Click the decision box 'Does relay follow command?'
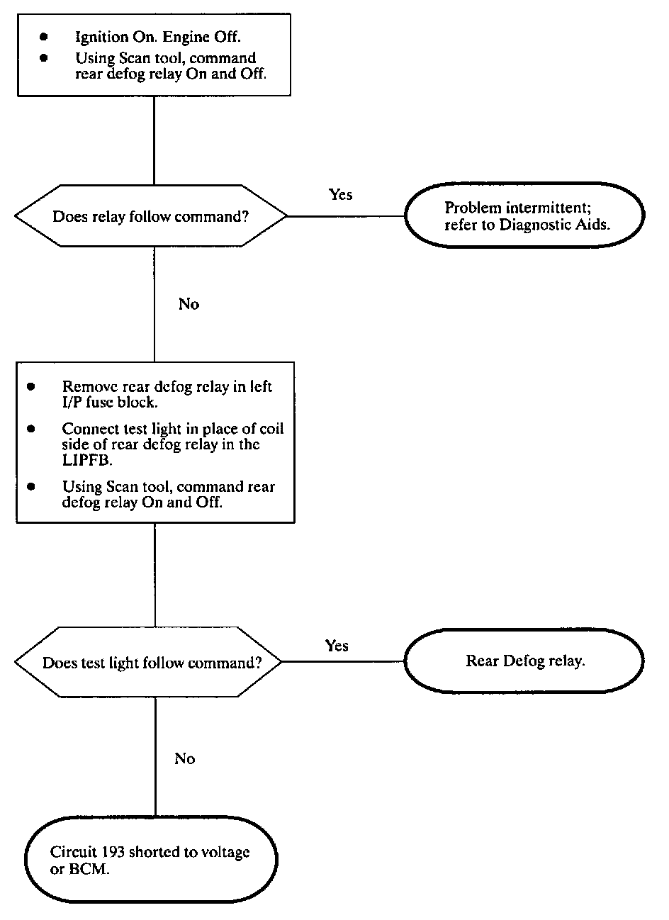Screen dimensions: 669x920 151,216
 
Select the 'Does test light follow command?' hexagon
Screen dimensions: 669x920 148,662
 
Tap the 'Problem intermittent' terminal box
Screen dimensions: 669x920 524,215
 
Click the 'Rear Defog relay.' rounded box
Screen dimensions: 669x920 524,661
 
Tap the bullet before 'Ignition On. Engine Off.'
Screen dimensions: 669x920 44,37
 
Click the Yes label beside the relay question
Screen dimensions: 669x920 340,194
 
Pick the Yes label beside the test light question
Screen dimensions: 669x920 337,645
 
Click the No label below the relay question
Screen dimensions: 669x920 189,304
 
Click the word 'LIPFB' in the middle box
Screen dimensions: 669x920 86,460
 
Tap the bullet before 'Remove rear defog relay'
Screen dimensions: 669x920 30,386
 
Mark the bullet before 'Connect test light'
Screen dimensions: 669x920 30,429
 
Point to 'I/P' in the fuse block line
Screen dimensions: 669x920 72,402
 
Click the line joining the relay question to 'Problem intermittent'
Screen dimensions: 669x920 346,216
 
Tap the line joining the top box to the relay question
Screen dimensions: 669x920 154,140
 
